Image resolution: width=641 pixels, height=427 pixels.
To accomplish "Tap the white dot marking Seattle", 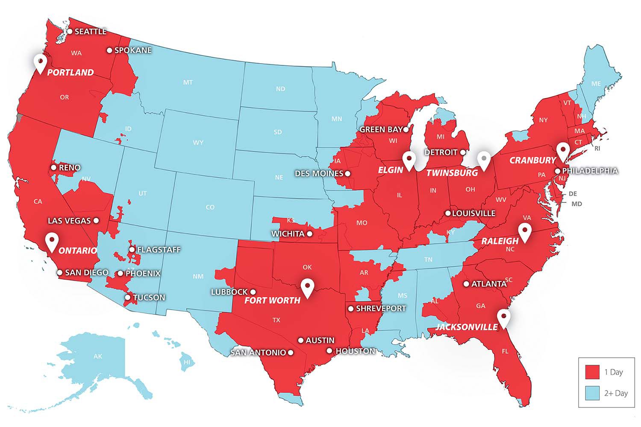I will tap(70, 31).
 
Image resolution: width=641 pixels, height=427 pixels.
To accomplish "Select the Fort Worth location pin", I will tap(307, 287).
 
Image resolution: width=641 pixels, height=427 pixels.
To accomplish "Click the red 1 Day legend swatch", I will tap(592, 372).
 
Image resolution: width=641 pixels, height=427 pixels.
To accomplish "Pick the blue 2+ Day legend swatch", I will tap(592, 393).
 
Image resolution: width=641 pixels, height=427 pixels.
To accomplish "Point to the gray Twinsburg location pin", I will tap(484, 160).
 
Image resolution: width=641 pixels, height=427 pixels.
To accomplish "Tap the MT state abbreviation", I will tap(188, 82).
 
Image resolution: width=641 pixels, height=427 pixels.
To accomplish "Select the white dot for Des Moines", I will tap(347, 173).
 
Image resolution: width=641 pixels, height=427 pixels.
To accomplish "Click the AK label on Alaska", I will tap(98, 356).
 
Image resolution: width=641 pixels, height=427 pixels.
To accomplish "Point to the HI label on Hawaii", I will tap(187, 362).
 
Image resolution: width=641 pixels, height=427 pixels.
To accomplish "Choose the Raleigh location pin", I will tap(524, 231).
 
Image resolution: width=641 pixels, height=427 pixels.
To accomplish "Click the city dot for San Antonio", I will tap(291, 353).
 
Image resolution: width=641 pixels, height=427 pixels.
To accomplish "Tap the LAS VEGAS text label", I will tap(69, 221).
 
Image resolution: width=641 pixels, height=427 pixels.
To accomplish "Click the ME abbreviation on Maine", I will tap(596, 84).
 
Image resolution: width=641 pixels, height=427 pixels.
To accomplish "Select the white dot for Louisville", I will tap(448, 213).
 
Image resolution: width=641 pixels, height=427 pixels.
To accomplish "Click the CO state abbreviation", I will tap(210, 207).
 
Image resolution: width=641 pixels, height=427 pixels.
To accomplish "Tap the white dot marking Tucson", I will tap(128, 297).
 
